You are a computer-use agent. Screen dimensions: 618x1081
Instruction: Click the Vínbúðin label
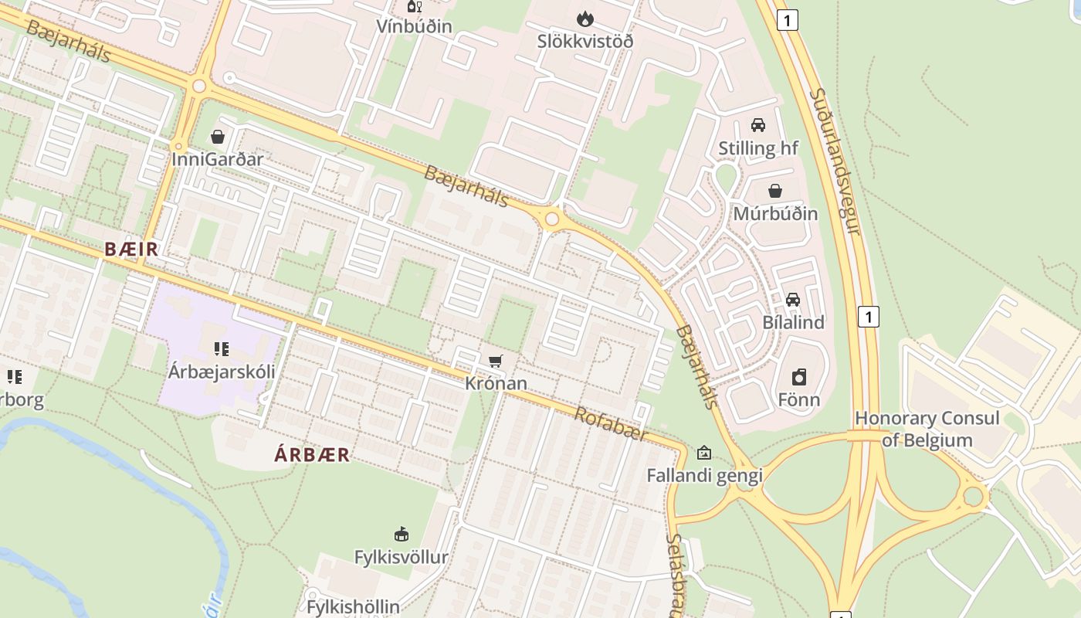click(414, 25)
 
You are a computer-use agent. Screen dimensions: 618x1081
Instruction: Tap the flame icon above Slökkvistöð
click(585, 18)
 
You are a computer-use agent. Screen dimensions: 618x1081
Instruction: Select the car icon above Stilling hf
click(758, 125)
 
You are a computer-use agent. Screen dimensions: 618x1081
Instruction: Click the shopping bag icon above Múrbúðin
click(775, 191)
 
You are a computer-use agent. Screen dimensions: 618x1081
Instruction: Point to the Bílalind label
click(793, 322)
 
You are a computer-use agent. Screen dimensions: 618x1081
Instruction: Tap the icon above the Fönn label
click(799, 377)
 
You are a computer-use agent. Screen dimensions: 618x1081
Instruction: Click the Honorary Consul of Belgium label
click(927, 430)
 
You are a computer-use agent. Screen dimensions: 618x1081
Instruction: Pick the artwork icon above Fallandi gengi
click(703, 453)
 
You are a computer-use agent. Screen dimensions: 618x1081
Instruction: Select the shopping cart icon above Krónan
click(496, 361)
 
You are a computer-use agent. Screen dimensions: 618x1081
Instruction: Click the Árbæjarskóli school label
click(222, 371)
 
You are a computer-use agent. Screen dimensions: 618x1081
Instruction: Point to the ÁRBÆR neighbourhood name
click(312, 455)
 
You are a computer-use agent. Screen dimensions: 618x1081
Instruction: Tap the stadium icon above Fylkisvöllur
click(401, 534)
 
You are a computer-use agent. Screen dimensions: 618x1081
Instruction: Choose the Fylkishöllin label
click(353, 606)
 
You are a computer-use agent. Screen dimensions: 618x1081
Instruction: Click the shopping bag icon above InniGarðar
click(218, 137)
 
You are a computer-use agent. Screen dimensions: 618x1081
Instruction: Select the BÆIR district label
click(131, 249)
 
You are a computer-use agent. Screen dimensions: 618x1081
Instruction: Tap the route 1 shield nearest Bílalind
click(869, 316)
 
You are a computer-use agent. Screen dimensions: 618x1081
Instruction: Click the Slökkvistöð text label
click(585, 41)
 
